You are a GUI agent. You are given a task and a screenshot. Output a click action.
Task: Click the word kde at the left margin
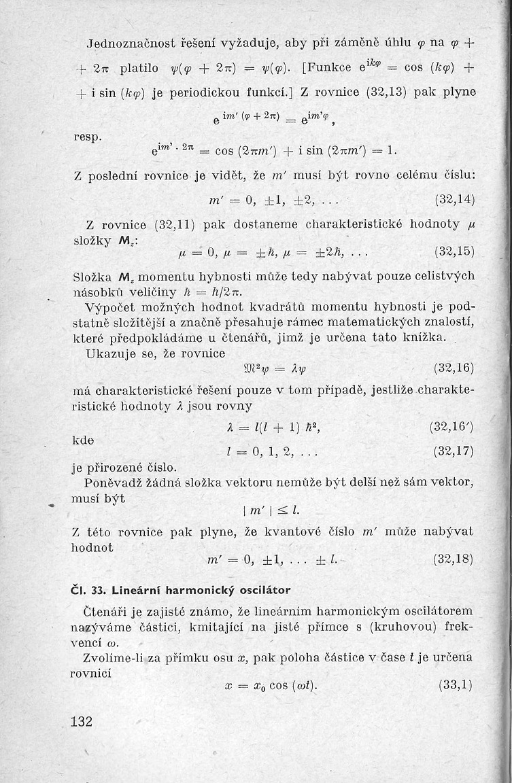pyautogui.click(x=83, y=441)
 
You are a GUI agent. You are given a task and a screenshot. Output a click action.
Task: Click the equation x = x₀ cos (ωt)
pyautogui.click(x=271, y=686)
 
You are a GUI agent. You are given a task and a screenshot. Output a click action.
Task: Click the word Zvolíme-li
pyautogui.click(x=116, y=657)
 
